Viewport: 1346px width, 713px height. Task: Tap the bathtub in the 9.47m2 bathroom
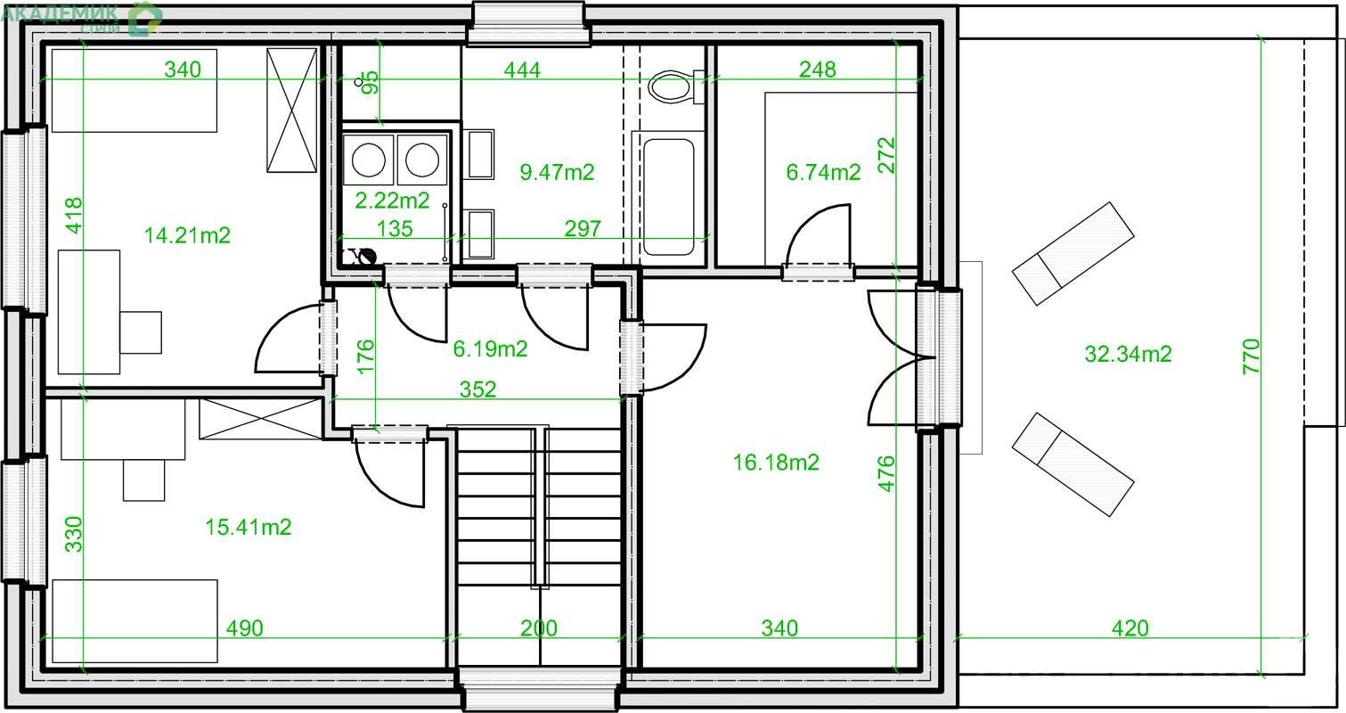click(669, 197)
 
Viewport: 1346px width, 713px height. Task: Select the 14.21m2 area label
click(187, 235)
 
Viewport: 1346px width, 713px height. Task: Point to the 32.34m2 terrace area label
click(1128, 354)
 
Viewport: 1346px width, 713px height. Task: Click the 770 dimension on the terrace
click(1251, 356)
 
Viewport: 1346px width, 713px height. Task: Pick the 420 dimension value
click(1130, 628)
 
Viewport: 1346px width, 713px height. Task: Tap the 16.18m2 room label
click(776, 463)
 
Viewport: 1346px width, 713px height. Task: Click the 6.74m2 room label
click(823, 173)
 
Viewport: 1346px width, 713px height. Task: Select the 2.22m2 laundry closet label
click(392, 201)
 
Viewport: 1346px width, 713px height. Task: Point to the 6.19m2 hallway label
click(490, 348)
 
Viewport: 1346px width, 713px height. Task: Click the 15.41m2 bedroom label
click(249, 528)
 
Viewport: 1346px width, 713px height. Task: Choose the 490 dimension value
click(245, 628)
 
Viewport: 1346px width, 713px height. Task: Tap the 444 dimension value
click(522, 70)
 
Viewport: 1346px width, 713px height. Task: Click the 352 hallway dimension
click(477, 389)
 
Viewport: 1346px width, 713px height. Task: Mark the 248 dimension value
click(817, 70)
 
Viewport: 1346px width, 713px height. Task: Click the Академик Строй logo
click(82, 18)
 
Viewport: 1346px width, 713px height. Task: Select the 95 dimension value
click(371, 82)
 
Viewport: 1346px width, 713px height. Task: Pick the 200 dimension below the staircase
click(538, 628)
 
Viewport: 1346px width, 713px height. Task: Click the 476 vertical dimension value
click(886, 474)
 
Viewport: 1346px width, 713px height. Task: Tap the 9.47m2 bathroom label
click(557, 173)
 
